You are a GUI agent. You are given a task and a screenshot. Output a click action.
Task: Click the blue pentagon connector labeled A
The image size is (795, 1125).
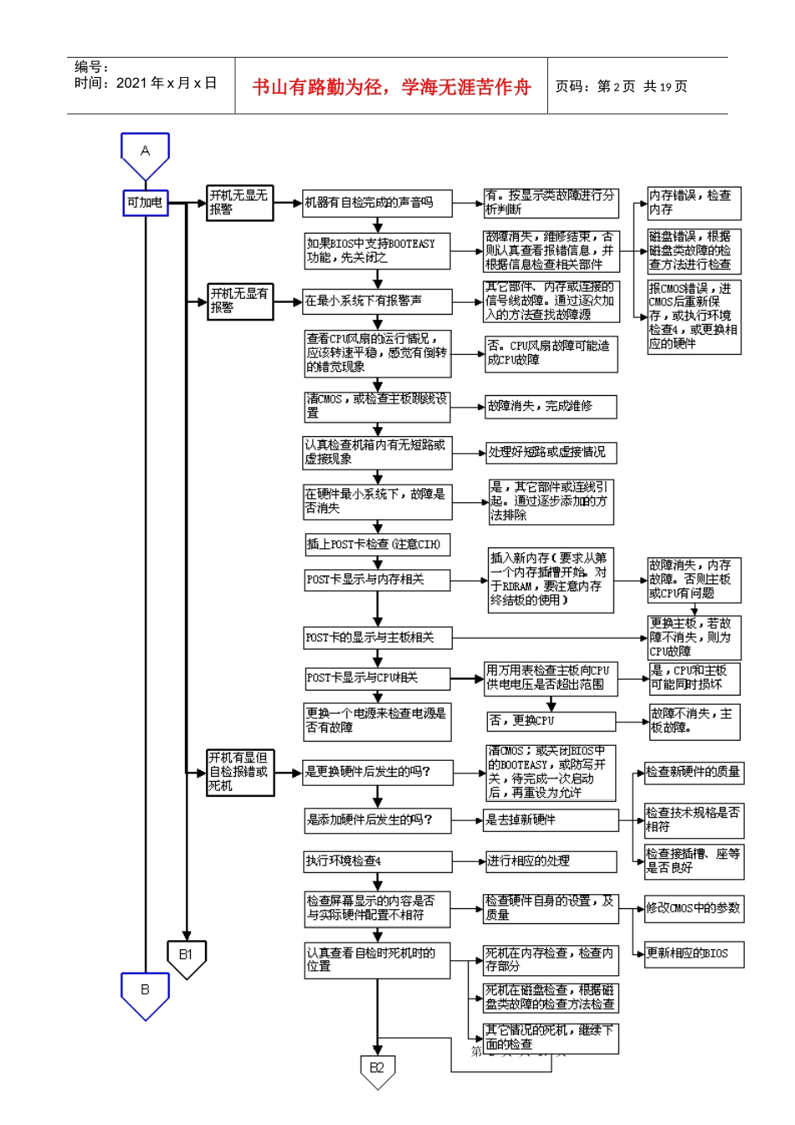coord(145,154)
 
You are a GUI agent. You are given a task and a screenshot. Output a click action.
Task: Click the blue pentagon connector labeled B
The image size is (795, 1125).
coord(145,992)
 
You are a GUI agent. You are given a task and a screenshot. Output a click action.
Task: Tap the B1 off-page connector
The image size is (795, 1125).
coord(186,957)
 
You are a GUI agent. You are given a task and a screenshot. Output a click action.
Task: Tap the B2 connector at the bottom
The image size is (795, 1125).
coord(377,1070)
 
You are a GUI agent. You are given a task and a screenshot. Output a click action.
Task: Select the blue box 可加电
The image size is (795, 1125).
coord(145,203)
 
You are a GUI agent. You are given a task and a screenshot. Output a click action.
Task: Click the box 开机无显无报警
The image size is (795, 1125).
coord(240,203)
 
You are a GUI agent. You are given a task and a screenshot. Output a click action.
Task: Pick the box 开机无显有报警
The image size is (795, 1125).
coord(240,301)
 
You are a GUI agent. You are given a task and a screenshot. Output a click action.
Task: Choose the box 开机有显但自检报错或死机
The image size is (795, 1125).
coord(240,772)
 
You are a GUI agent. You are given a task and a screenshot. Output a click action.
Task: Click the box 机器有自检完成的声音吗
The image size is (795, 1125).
coord(377,203)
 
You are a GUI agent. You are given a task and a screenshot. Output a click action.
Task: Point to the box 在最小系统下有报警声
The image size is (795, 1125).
coord(377,301)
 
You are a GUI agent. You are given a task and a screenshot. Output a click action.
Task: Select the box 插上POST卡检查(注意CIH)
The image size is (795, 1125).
coord(377,544)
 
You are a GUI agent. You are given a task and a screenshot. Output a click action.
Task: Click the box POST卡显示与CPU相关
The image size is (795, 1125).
coord(377,677)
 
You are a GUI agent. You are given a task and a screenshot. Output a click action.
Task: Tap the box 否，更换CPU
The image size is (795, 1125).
coord(551,721)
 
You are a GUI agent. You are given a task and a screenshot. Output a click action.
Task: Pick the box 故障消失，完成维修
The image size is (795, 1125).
coord(551,406)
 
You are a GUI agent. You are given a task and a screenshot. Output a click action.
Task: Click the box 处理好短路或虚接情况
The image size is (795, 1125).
coord(551,452)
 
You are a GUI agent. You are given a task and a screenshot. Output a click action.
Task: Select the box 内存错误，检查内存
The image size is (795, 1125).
coord(694,203)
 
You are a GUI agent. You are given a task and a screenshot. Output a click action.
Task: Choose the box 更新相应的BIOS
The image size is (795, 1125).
coord(694,953)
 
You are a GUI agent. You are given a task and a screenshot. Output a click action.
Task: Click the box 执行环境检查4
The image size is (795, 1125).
coord(377,860)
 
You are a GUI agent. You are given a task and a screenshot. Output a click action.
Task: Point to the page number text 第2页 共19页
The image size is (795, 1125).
coord(621,87)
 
